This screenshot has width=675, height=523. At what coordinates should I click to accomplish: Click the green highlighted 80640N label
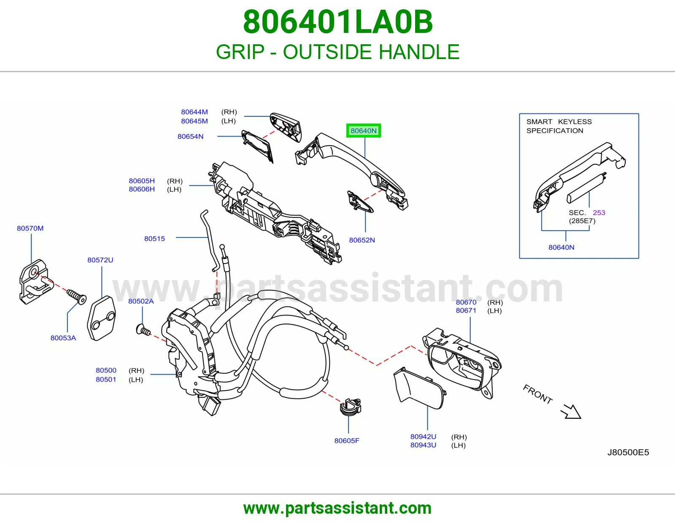[363, 131]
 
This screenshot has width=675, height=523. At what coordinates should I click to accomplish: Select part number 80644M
[194, 112]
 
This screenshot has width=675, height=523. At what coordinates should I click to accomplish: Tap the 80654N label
[190, 136]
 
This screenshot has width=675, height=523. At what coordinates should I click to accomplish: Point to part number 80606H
[142, 189]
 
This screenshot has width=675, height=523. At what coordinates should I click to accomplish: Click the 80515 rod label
[154, 239]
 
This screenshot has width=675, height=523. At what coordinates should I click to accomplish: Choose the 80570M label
[30, 228]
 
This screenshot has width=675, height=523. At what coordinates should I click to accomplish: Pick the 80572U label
[100, 260]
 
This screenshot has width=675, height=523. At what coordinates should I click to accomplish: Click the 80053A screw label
[63, 338]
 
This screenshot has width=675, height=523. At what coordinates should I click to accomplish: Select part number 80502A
[141, 301]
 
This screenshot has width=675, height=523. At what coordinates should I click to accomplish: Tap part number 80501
[106, 380]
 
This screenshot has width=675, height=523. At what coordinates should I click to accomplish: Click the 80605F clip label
[347, 441]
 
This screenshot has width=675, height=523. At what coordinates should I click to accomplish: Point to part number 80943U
[423, 445]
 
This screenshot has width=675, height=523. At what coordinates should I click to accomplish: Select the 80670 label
[466, 302]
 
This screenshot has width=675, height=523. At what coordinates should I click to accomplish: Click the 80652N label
[362, 240]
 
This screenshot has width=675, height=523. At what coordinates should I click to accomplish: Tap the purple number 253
[599, 213]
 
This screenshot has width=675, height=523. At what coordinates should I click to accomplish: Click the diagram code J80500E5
[628, 453]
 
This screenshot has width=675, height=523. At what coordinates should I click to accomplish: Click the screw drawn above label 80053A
[77, 297]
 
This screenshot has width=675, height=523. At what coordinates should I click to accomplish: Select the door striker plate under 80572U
[101, 318]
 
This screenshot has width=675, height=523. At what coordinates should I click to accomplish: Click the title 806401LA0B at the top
[337, 22]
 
